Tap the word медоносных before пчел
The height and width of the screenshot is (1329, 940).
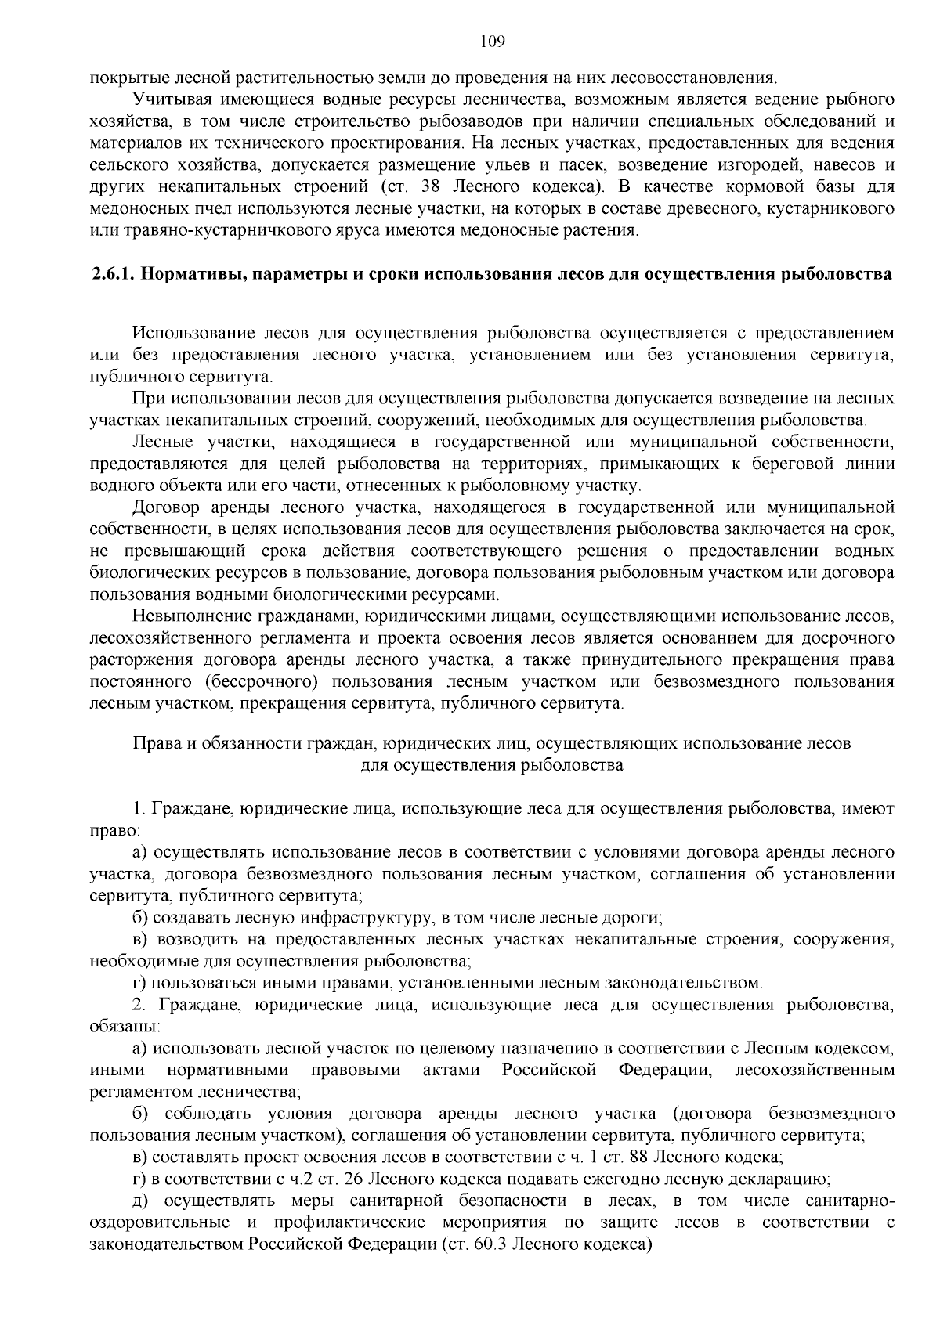pos(132,209)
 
